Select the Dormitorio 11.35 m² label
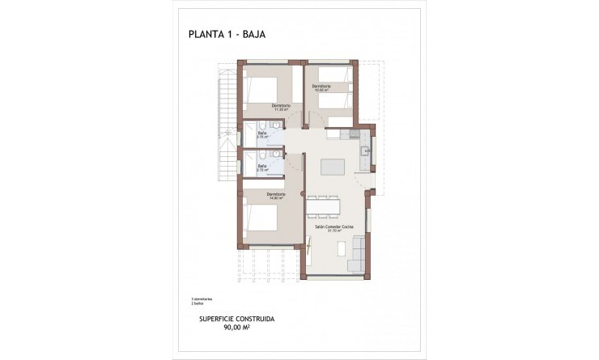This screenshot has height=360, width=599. click(x=280, y=107)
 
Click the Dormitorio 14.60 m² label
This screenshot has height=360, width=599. click(x=276, y=196)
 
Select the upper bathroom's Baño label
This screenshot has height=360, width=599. click(x=262, y=135)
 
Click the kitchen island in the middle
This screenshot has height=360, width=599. click(x=333, y=167)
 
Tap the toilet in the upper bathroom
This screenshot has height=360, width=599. click(x=275, y=125)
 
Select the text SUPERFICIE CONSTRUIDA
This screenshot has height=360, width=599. click(x=235, y=320)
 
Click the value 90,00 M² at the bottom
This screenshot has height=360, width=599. click(x=235, y=329)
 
